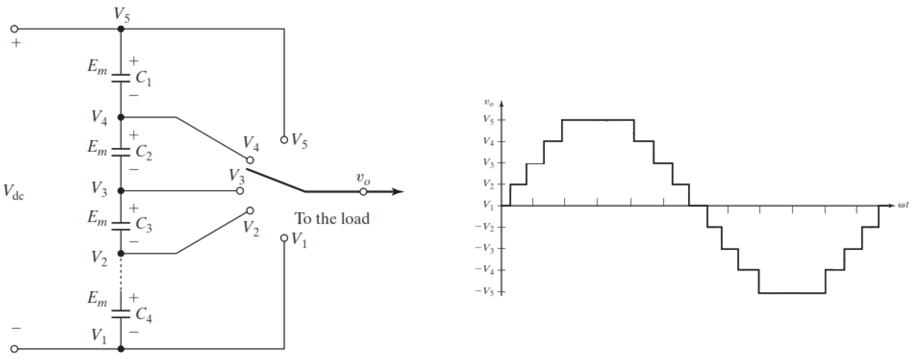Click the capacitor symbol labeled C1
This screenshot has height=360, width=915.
pos(121,78)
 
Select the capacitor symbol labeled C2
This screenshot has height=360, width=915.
pos(121,152)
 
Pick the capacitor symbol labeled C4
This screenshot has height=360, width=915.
pos(121,313)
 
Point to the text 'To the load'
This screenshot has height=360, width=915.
pos(332,219)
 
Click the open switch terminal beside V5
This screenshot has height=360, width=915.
pos(284,140)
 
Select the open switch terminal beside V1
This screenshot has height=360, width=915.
pos(284,238)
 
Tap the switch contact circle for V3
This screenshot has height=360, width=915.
pos(240,191)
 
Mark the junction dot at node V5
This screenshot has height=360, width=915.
pos(121,29)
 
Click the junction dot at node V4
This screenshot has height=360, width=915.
pos(121,117)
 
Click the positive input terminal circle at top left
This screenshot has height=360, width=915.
pos(14,29)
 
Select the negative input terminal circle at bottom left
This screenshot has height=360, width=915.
pos(14,349)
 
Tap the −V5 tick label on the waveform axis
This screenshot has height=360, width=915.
pos(485,292)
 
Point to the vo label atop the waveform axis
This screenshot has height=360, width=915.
pos(489,103)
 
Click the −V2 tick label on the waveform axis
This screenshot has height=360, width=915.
pos(485,227)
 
